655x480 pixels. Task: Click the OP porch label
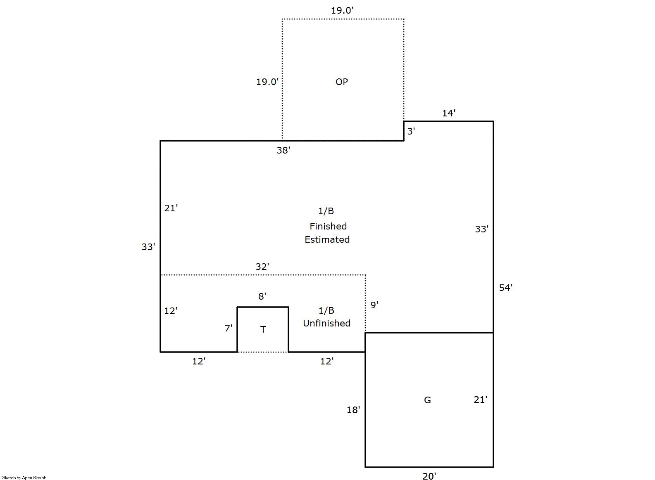(x=341, y=82)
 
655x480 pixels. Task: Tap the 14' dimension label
(x=448, y=113)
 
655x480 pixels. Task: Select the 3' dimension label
(x=411, y=131)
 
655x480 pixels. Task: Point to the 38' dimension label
(x=283, y=150)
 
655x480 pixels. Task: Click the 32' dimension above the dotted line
(x=262, y=267)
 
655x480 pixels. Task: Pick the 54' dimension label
(x=505, y=288)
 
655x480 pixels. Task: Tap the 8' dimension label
(x=262, y=296)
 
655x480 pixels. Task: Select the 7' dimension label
(x=229, y=328)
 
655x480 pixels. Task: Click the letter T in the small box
(x=263, y=330)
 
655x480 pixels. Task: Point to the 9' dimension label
(x=374, y=305)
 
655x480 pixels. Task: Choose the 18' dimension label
(x=353, y=410)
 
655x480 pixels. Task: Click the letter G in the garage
(x=427, y=400)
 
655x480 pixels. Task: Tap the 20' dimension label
(x=429, y=476)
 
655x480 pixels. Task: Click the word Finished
(x=328, y=226)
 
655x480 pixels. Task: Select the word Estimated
(x=327, y=239)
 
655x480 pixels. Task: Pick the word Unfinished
(x=326, y=323)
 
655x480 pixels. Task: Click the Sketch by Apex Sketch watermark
(x=24, y=478)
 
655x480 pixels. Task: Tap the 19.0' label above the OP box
(x=342, y=10)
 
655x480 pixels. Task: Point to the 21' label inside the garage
(x=481, y=400)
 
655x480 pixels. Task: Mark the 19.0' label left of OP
(x=267, y=82)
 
